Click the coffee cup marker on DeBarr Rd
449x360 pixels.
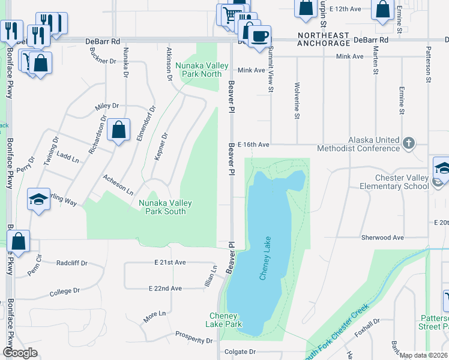click(x=259, y=36)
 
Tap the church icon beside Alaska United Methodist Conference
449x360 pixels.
click(x=409, y=143)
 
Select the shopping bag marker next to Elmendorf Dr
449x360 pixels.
click(x=119, y=130)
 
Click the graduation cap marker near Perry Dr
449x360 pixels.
click(x=38, y=200)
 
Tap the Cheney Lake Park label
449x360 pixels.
click(x=225, y=320)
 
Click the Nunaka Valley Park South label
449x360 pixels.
click(x=165, y=207)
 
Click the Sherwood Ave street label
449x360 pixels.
click(x=382, y=238)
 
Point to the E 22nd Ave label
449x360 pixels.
click(x=165, y=289)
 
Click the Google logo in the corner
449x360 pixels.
click(x=20, y=353)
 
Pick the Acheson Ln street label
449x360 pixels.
click(x=118, y=185)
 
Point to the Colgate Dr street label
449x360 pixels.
click(x=240, y=352)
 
